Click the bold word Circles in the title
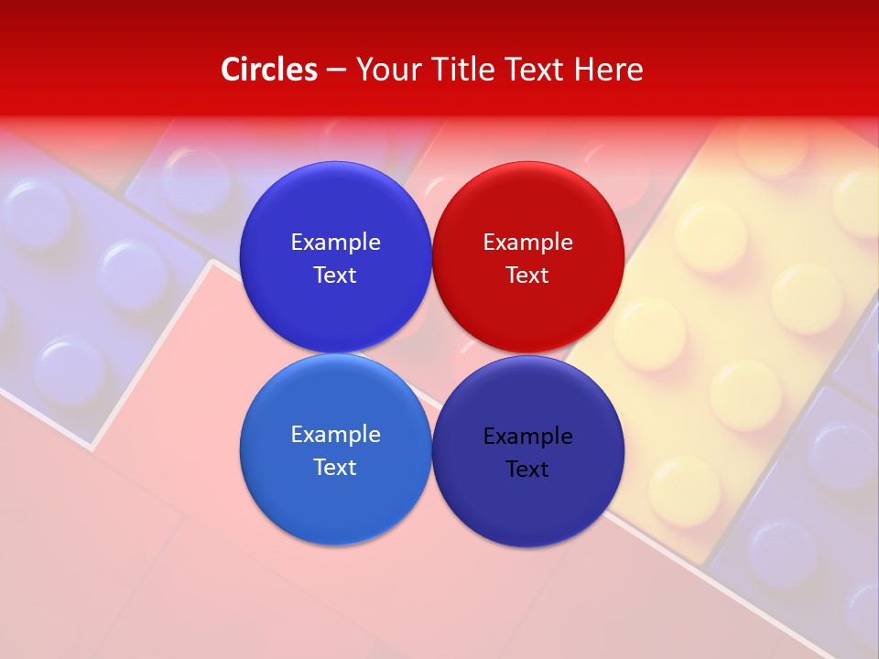(268, 70)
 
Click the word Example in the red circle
(527, 242)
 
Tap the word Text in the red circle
(527, 275)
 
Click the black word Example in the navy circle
(527, 436)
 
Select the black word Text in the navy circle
(527, 469)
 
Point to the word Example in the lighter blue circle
(335, 434)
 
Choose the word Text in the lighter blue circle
(335, 467)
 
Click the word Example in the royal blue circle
(335, 242)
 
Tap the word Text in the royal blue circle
(335, 275)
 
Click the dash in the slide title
(336, 70)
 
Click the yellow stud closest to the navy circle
(682, 490)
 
